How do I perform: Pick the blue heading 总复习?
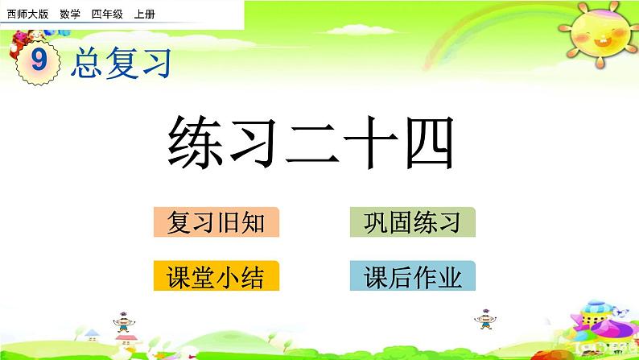click(122, 62)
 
